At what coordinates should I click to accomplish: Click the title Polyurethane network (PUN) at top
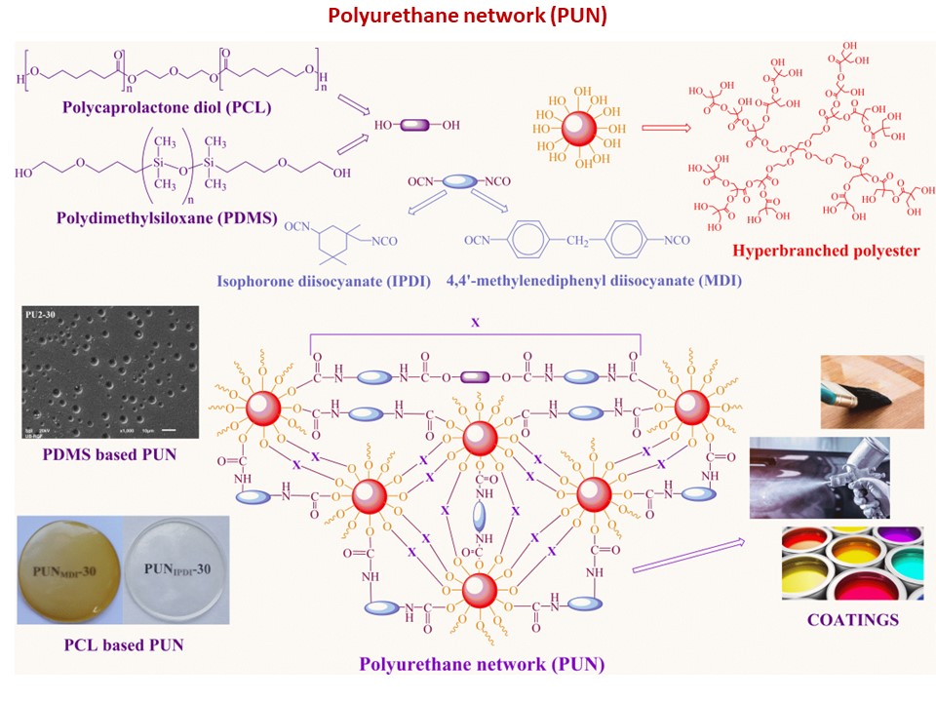tap(467, 17)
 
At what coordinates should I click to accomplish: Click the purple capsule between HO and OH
tap(415, 126)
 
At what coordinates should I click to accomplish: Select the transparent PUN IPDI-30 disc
tap(175, 570)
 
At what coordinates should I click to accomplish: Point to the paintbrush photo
tap(872, 392)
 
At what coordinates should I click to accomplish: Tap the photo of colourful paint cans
tap(852, 563)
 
